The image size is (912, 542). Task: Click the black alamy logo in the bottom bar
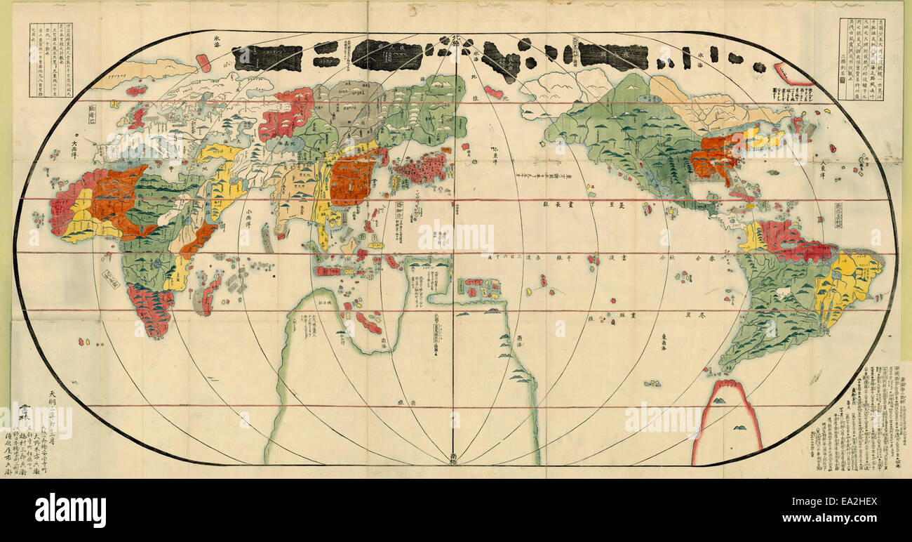[x=70, y=510]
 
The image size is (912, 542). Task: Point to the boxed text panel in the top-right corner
[x=861, y=59]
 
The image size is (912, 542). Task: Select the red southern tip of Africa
[x=150, y=309]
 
